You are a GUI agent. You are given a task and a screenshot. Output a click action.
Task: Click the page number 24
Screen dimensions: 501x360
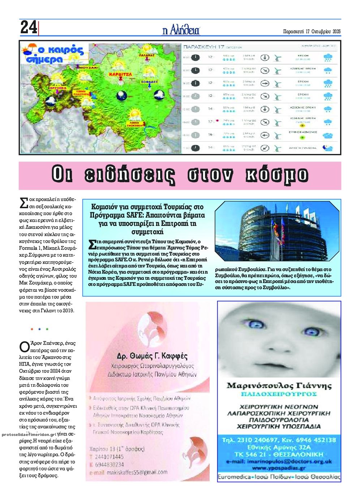(29, 27)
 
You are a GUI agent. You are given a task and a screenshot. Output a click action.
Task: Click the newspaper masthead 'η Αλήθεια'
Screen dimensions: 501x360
(181, 30)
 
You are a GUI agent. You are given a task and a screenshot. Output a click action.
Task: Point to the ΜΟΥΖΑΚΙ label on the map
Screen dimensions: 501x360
(88, 68)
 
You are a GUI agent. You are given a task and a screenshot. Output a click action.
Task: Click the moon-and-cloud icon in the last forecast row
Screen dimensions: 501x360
(328, 147)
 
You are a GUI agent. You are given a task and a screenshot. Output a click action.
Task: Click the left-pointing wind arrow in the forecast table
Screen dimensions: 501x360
(265, 135)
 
